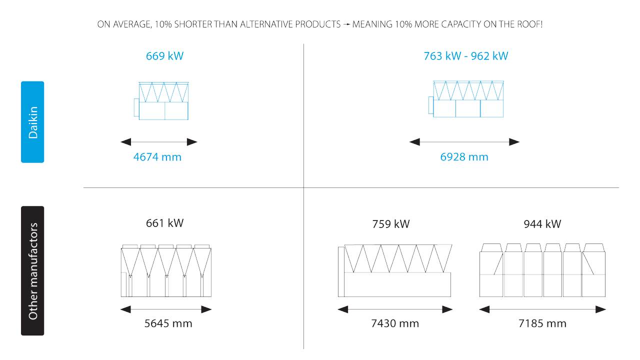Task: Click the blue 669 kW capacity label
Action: point(164,56)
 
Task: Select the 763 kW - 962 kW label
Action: point(465,56)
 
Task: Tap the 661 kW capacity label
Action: point(164,223)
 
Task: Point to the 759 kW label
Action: point(390,224)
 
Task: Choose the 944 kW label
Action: point(542,224)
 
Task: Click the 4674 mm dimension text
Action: point(157,157)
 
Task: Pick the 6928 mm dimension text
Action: point(464,157)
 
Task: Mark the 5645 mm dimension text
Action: point(168,323)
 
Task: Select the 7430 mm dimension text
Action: point(394,323)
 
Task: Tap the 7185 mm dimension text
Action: point(542,323)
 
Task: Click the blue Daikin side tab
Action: point(32,122)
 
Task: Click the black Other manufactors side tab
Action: point(32,270)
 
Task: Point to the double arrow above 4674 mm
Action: point(159,142)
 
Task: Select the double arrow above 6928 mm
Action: point(464,142)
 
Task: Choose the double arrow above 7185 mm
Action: point(542,309)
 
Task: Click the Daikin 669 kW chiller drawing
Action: point(161,101)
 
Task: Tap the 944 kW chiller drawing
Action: point(542,270)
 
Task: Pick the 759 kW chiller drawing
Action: point(395,270)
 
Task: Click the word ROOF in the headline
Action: point(530,24)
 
